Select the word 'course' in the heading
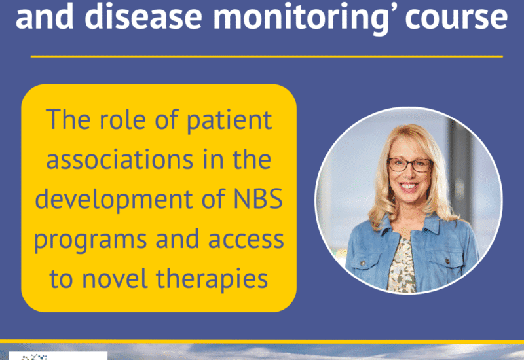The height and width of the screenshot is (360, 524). [457, 18]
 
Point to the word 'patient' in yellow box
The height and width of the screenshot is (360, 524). [229, 120]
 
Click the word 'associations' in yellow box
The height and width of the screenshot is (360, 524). [120, 160]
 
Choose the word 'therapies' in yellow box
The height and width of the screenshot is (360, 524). [212, 279]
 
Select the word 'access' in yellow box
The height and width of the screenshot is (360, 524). [246, 240]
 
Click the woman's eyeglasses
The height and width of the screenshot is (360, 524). [410, 165]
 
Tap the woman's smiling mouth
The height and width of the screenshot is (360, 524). [408, 186]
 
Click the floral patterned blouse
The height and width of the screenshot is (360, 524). [403, 265]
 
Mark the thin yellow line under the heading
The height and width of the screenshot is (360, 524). [267, 56]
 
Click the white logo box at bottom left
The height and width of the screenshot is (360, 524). [58, 355]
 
